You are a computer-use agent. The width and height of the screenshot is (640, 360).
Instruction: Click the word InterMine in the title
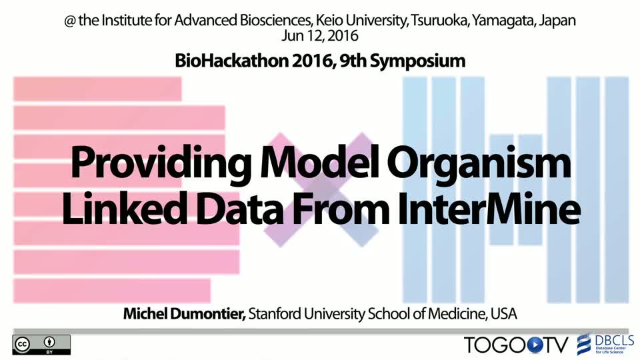point(489,209)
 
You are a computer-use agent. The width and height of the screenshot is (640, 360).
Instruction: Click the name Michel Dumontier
point(185,314)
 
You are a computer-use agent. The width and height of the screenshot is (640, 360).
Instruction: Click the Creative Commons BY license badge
point(41,345)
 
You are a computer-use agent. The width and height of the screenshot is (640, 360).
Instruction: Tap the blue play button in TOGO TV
point(535,345)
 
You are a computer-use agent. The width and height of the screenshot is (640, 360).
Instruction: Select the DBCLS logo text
point(614,341)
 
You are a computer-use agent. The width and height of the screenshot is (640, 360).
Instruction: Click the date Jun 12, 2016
point(319,36)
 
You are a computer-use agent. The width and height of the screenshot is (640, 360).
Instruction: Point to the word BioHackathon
point(231,61)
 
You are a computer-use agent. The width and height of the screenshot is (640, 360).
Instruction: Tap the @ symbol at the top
point(70,21)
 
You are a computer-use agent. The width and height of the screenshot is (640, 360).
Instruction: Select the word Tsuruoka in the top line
point(439,21)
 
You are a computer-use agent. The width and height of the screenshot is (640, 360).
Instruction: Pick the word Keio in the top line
point(327,21)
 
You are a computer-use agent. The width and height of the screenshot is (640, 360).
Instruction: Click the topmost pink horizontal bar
point(97,89)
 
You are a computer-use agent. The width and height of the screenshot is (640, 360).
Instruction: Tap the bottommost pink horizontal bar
point(112,291)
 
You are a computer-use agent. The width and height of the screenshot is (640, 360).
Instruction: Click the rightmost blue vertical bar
point(617,190)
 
